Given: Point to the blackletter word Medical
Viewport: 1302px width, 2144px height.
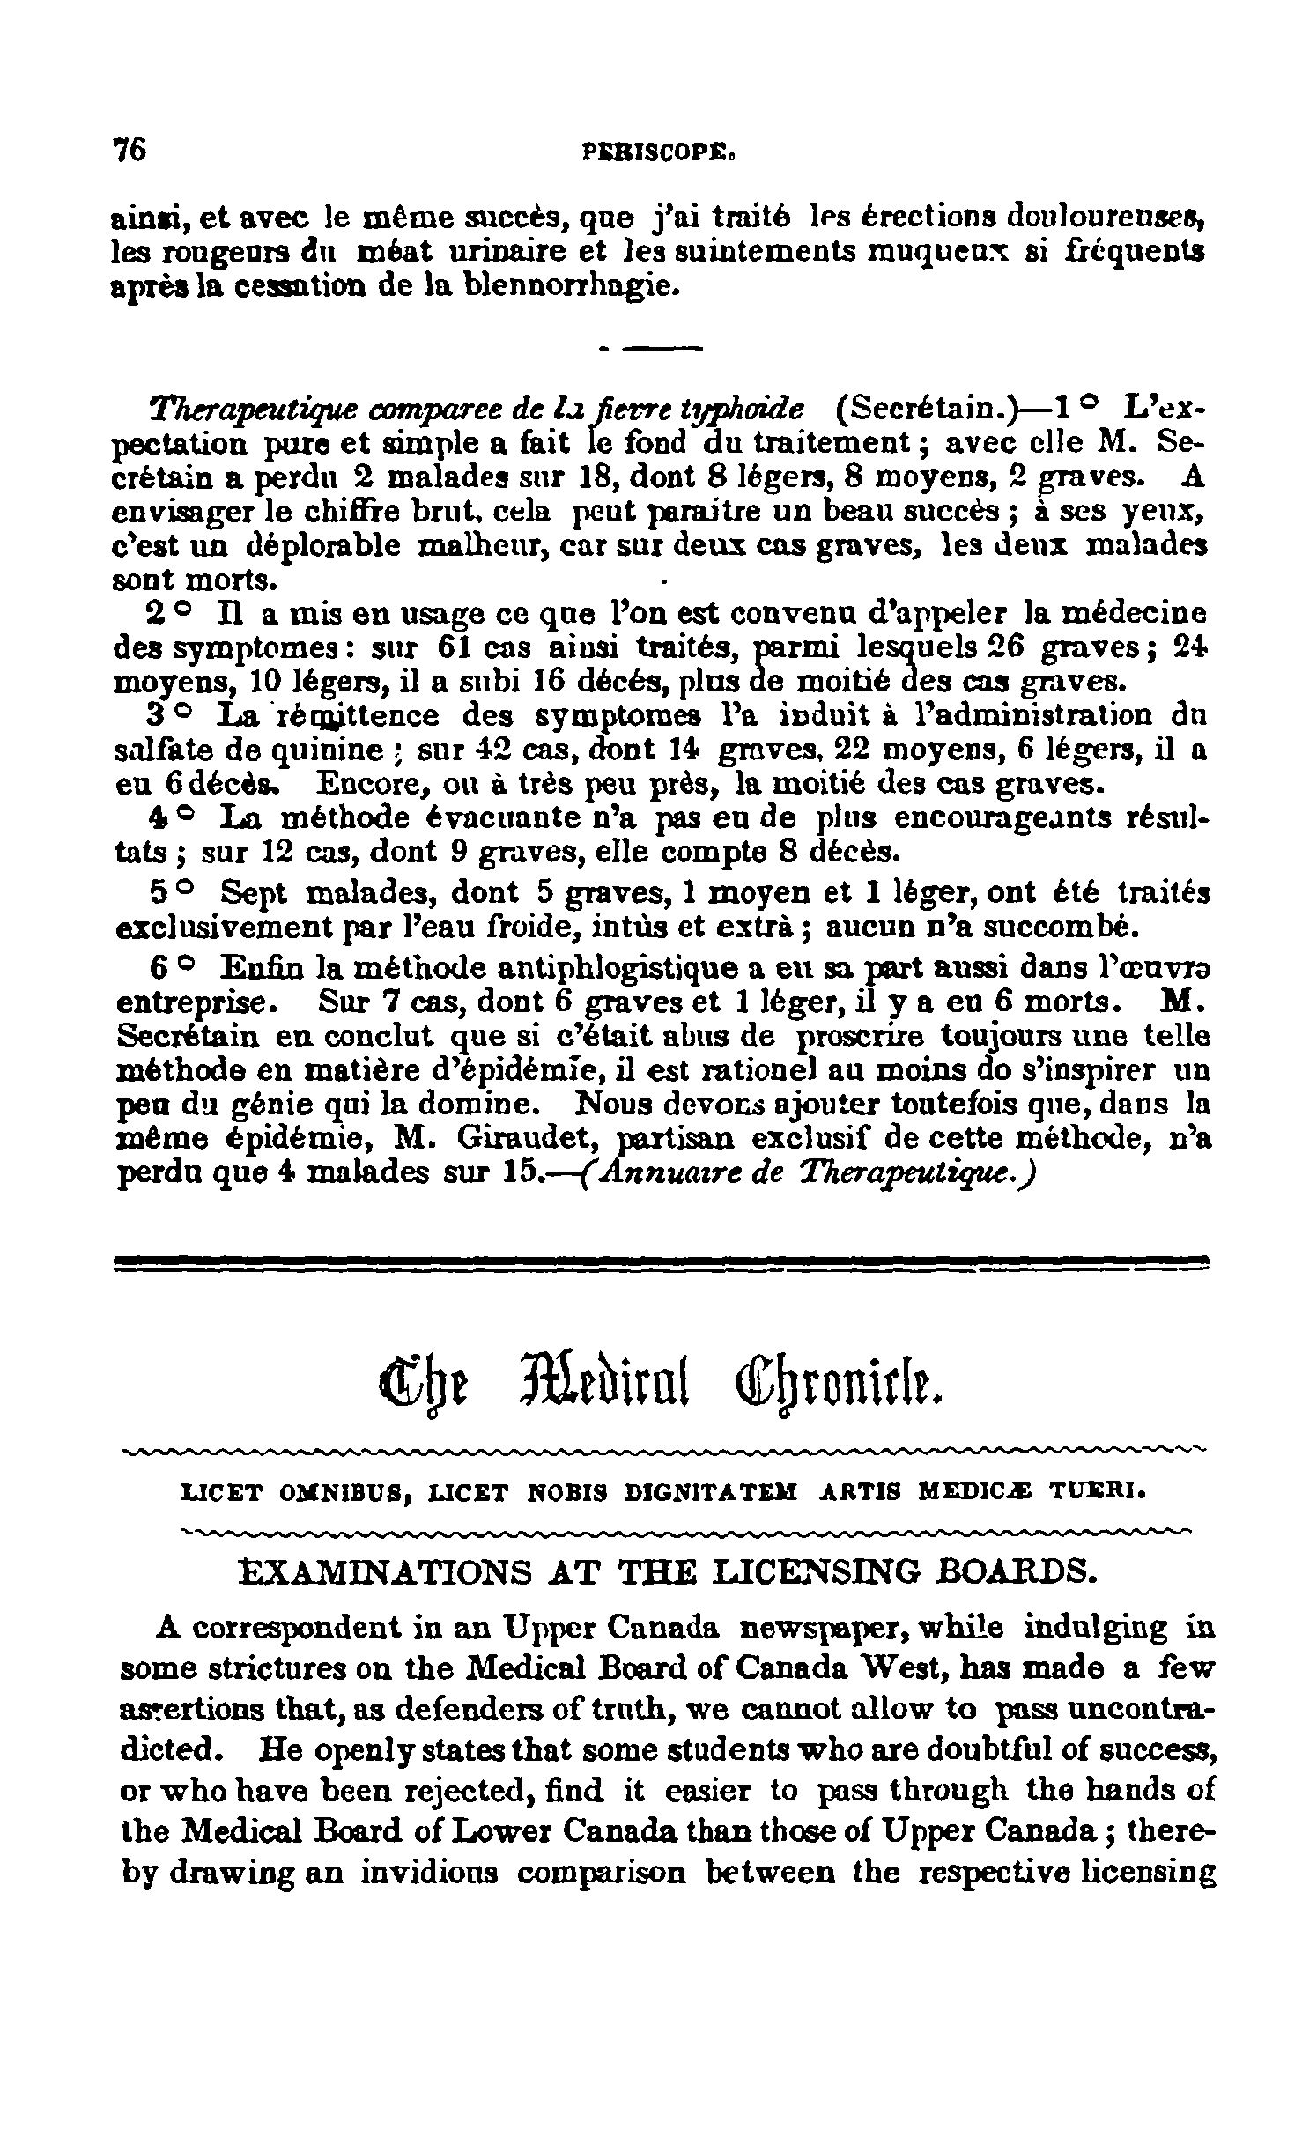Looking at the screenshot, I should pos(613,1386).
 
